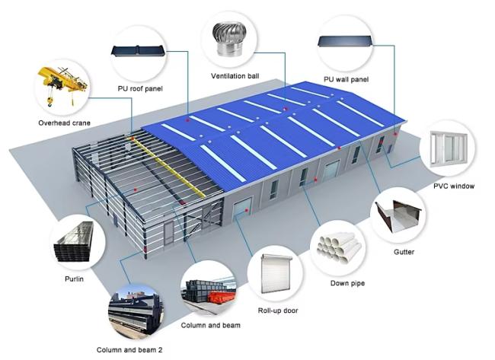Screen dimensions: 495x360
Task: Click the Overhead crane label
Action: click(x=65, y=123)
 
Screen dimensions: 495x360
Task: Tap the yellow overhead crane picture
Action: click(x=62, y=85)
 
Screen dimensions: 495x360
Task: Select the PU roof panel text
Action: click(x=140, y=88)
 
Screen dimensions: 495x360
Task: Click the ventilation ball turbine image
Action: click(x=228, y=40)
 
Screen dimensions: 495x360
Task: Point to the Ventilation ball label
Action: click(x=235, y=76)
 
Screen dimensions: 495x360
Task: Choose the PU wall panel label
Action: click(x=346, y=79)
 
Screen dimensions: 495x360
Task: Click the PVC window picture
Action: click(x=449, y=149)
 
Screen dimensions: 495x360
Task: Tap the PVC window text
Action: click(x=454, y=186)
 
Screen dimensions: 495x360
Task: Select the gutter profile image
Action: click(x=399, y=215)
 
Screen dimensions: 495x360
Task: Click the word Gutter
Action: click(x=404, y=252)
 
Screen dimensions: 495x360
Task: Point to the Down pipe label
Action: click(x=347, y=283)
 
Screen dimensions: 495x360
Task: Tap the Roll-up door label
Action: click(x=278, y=311)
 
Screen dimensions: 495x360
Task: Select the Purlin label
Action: click(x=74, y=279)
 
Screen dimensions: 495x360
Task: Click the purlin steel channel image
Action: click(x=74, y=242)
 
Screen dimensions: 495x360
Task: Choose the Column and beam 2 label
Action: click(x=129, y=350)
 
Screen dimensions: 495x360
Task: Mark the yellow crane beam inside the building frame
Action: click(x=167, y=166)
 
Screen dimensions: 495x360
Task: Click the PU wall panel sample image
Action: click(x=345, y=41)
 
